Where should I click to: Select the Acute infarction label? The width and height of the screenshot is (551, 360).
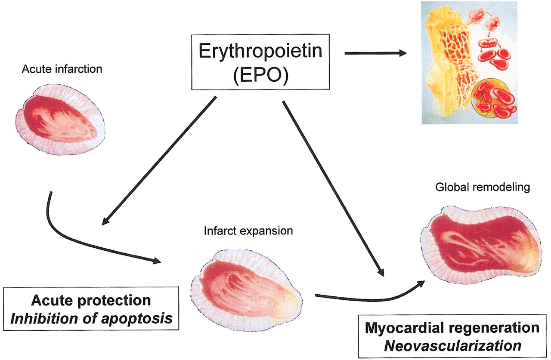point(62,68)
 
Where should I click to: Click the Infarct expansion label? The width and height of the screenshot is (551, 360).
point(248,231)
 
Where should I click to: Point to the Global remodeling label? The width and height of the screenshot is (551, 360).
point(483,188)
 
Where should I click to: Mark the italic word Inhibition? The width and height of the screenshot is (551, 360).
point(37,319)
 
